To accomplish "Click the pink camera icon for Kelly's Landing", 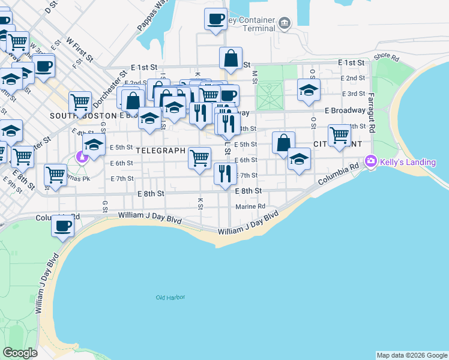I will click(x=370, y=161).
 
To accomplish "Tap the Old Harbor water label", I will click(x=170, y=298).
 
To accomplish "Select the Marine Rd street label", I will click(x=250, y=206).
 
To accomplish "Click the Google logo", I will click(x=20, y=353).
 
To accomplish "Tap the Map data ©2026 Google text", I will click(x=412, y=355).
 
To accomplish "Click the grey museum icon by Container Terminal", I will click(x=284, y=25).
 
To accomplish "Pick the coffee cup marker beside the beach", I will click(x=62, y=226).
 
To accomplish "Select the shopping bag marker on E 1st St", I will click(x=231, y=58).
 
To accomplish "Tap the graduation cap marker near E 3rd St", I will click(x=309, y=90).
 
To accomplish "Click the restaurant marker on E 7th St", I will click(x=224, y=174).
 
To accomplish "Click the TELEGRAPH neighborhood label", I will click(x=160, y=151).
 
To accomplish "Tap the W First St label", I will click(x=80, y=49).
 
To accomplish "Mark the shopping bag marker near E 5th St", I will click(x=283, y=143).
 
